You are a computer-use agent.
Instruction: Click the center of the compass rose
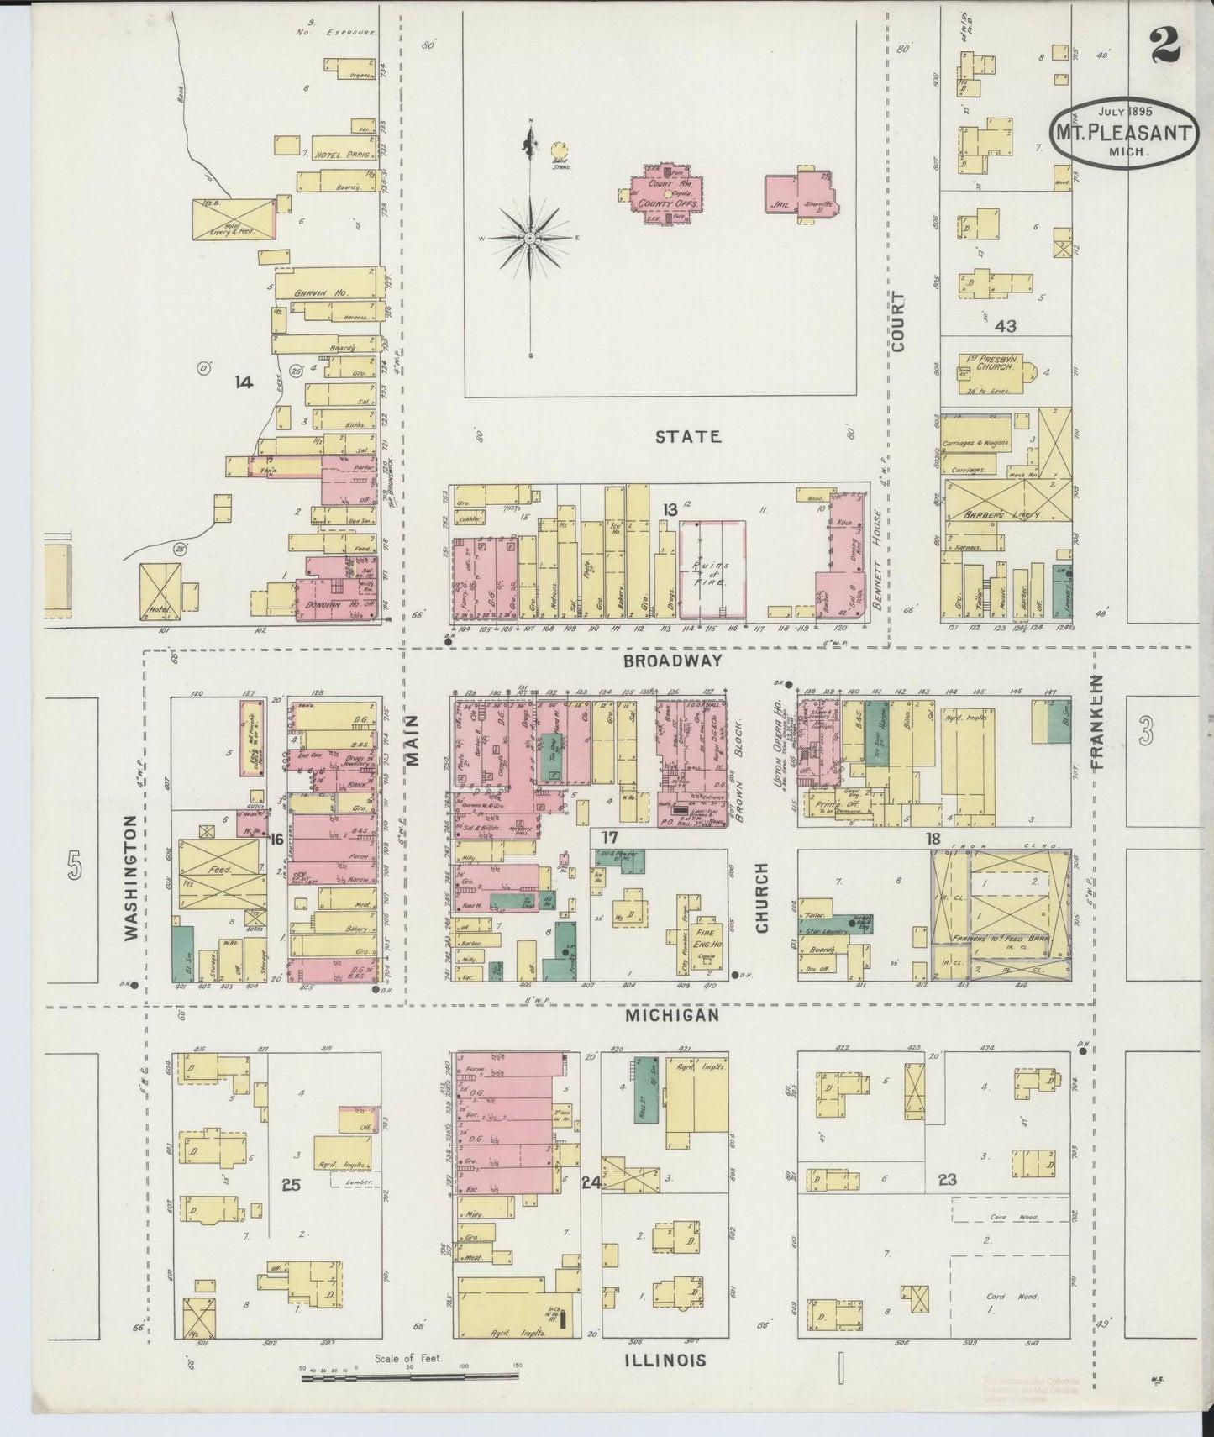(x=531, y=239)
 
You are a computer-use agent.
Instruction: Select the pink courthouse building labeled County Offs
(x=668, y=196)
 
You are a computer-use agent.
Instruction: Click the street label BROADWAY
(x=673, y=661)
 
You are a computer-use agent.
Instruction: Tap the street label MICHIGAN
(x=673, y=1015)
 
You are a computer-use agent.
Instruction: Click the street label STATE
(x=688, y=437)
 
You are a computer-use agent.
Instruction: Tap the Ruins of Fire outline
(x=712, y=567)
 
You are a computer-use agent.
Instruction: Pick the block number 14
(x=244, y=383)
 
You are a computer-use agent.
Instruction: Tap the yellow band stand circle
(x=558, y=150)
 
